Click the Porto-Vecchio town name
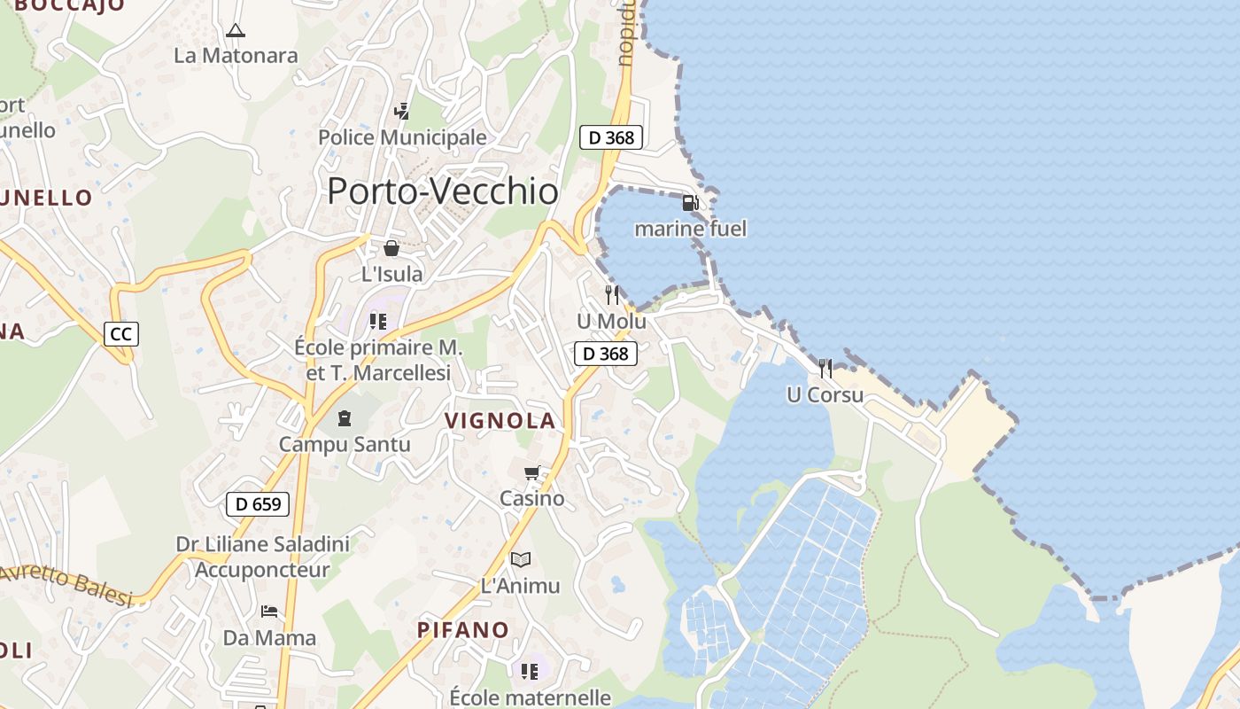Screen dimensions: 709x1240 [443, 191]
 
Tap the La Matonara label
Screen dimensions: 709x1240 [236, 56]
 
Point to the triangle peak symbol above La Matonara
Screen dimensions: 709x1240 [235, 31]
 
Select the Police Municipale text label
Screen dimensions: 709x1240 [402, 137]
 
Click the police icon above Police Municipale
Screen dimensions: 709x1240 [402, 111]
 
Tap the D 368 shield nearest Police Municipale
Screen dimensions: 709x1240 [611, 137]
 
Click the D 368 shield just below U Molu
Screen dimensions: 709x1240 [606, 354]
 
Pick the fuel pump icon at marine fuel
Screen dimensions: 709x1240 [690, 203]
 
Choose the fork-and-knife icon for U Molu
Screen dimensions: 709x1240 [611, 295]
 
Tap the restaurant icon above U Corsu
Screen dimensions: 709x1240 [825, 368]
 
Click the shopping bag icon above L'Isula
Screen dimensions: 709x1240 [391, 248]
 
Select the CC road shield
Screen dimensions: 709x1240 [121, 334]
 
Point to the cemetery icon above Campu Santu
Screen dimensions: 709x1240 [345, 417]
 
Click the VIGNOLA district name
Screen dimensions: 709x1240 [500, 421]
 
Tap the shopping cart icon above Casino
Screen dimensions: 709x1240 [531, 473]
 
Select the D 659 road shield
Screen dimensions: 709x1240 [258, 504]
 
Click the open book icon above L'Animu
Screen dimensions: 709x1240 [521, 559]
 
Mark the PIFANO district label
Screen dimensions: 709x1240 [463, 630]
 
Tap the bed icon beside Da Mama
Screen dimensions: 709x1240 [269, 612]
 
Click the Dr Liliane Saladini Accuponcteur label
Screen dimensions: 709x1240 [262, 557]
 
